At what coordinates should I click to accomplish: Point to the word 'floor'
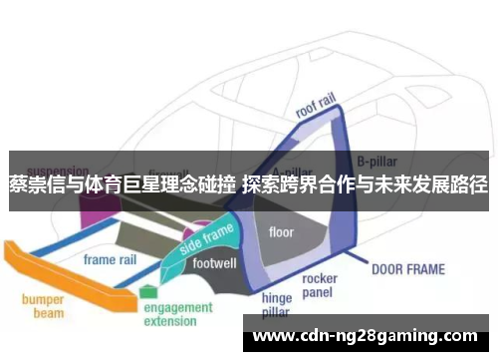point(282,232)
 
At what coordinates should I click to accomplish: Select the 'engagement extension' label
point(177,315)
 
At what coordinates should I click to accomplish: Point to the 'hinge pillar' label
point(276,305)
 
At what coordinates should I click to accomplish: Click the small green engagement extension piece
point(148,291)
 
